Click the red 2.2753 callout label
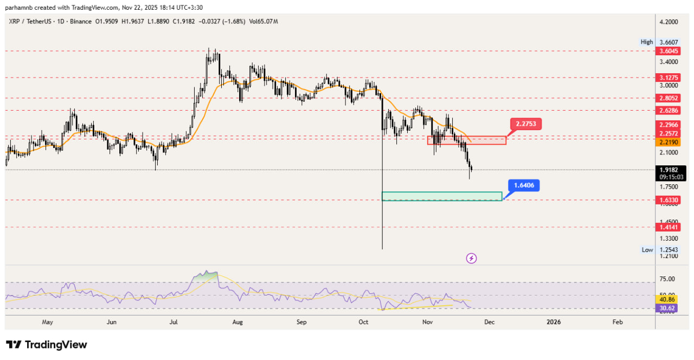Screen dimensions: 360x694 [x=526, y=124]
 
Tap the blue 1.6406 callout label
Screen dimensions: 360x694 [x=523, y=185]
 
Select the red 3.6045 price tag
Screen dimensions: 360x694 [x=666, y=51]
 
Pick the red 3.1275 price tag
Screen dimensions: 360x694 [x=666, y=78]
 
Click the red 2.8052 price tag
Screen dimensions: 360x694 [x=666, y=99]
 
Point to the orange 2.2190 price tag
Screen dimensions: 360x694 [x=666, y=142]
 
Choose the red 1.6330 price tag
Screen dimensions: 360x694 [x=666, y=200]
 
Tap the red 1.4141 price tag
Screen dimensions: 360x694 [x=666, y=227]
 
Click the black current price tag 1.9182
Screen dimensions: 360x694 [x=666, y=170]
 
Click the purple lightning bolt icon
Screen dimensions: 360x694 [x=471, y=258]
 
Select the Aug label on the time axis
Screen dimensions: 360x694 [x=237, y=322]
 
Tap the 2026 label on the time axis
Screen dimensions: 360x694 [x=554, y=322]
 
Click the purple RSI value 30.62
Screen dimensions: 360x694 [x=666, y=308]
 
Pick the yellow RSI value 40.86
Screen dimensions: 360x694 [x=666, y=299]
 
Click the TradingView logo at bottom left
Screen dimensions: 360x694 [x=47, y=345]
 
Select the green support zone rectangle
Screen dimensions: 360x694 [x=442, y=196]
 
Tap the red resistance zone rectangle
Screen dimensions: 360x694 [x=466, y=140]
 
